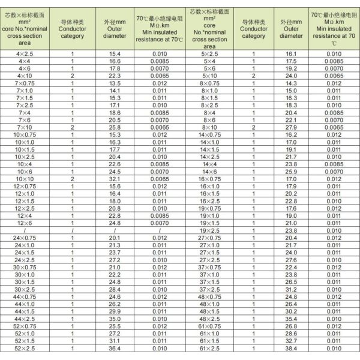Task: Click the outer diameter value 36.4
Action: pyautogui.click(x=115, y=348)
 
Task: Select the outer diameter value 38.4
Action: pyautogui.click(x=291, y=348)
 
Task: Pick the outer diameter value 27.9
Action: pyautogui.click(x=291, y=127)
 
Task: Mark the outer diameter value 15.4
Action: pyautogui.click(x=115, y=54)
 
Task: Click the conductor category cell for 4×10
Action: pyautogui.click(x=73, y=76)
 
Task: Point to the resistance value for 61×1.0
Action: pyautogui.click(x=334, y=333)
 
